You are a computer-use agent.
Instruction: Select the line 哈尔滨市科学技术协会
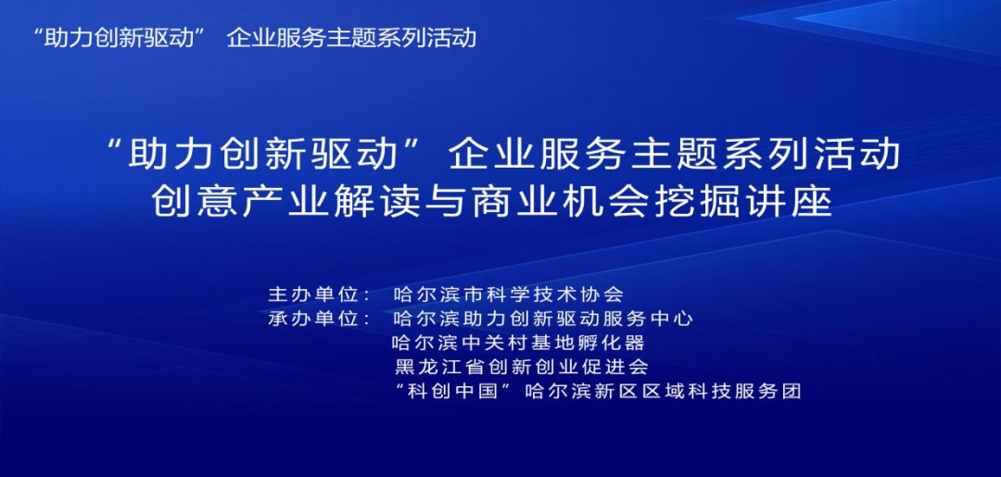coord(509,295)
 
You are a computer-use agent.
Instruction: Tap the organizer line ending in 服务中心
coord(543,319)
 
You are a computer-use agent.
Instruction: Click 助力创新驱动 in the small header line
coord(118,38)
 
